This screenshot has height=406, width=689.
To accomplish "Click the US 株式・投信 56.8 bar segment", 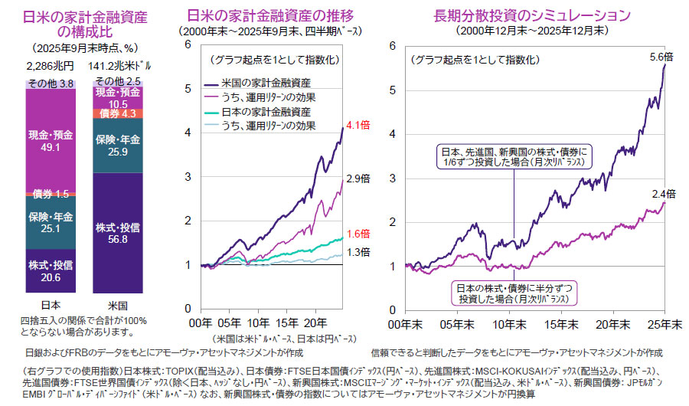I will (118, 233).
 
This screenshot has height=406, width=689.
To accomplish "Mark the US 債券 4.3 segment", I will (118, 113).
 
